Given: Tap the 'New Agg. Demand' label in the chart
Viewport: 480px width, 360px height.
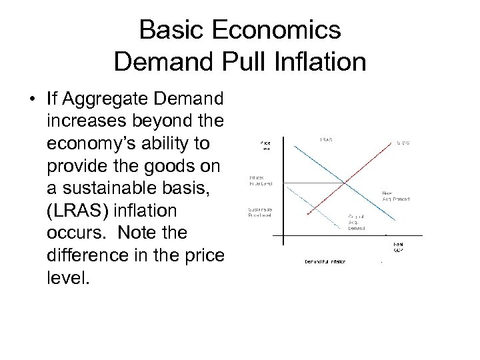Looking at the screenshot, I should [x=395, y=196].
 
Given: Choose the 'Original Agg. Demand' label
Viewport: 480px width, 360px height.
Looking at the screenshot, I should [x=359, y=221].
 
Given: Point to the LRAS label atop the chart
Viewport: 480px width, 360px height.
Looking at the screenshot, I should [x=327, y=140].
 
